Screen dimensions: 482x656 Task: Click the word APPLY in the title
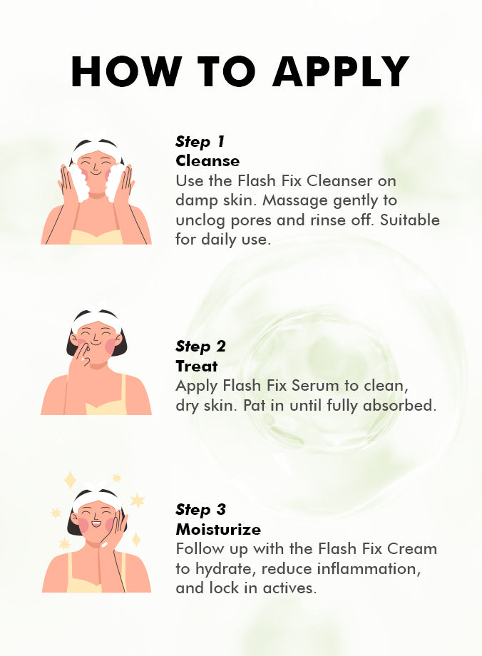(x=341, y=71)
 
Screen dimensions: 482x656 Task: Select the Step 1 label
(x=200, y=142)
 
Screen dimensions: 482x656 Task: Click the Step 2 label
(x=201, y=347)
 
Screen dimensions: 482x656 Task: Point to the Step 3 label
(x=201, y=510)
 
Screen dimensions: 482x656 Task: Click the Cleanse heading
(x=207, y=161)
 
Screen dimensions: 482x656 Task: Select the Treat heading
(x=197, y=366)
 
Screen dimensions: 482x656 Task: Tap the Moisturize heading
(x=218, y=530)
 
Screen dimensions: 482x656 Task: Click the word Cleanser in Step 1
(x=339, y=181)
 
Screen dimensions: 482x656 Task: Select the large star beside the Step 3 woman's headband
(x=137, y=500)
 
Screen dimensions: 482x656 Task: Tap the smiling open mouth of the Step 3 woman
(x=97, y=523)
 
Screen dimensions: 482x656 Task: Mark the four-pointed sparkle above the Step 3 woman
(x=71, y=481)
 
